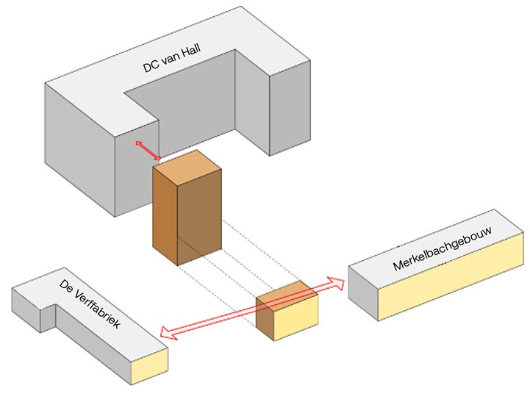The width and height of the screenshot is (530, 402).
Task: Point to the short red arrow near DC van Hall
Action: click(147, 151)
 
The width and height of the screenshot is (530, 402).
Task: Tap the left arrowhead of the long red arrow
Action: click(165, 333)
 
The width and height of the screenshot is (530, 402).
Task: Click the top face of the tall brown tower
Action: click(187, 165)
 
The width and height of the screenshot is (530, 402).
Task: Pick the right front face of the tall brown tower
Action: click(200, 213)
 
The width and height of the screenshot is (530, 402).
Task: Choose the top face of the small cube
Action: click(287, 292)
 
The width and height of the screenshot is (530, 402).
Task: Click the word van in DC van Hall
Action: click(171, 59)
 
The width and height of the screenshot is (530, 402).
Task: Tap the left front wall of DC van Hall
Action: click(81, 154)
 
